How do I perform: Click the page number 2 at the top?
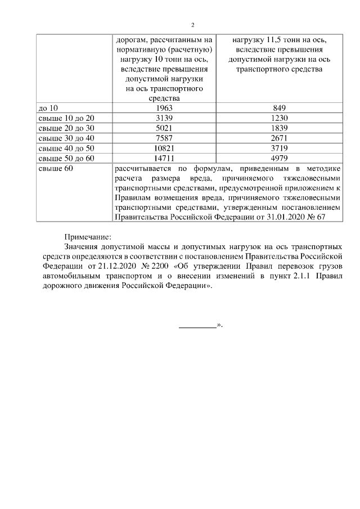tap(192, 25)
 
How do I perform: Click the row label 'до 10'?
tap(47, 107)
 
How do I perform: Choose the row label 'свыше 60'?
tap(54, 168)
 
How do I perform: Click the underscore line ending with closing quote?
tap(200, 325)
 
